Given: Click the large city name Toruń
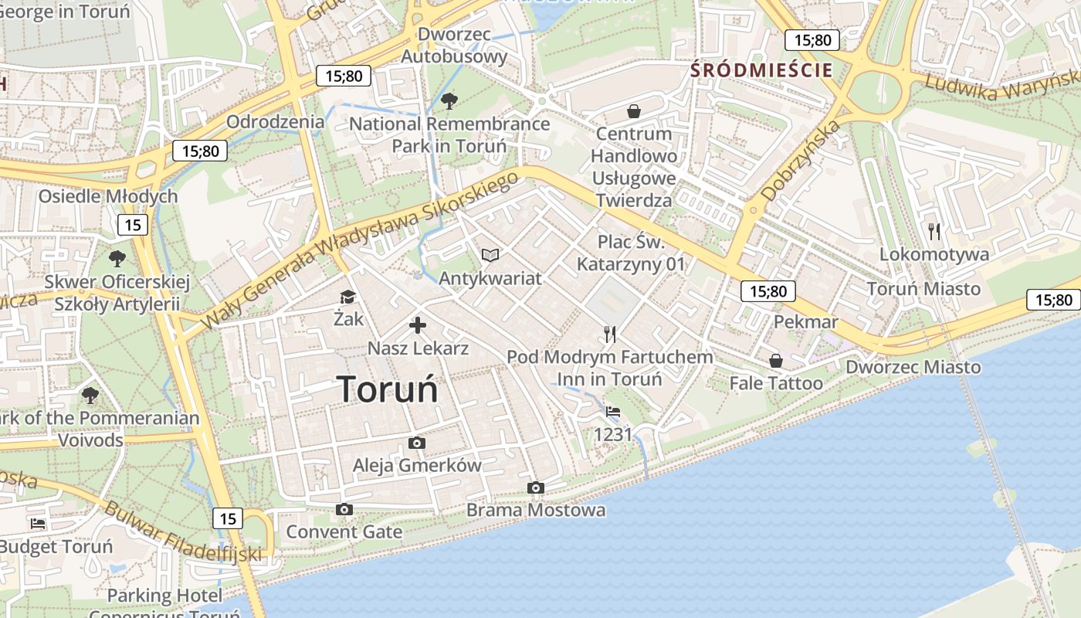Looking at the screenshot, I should pyautogui.click(x=388, y=389).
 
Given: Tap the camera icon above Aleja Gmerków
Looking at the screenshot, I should pyautogui.click(x=417, y=443).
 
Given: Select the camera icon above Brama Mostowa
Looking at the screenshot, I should pyautogui.click(x=535, y=487).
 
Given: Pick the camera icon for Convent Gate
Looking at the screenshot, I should pyautogui.click(x=344, y=509).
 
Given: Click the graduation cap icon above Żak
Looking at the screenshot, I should pyautogui.click(x=347, y=297).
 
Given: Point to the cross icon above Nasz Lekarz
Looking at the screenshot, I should pyautogui.click(x=418, y=325).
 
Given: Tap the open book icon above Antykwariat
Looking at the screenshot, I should pyautogui.click(x=490, y=255).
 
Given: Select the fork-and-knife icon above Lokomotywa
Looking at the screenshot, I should pyautogui.click(x=934, y=231).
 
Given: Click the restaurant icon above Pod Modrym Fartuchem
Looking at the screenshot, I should pyautogui.click(x=610, y=334).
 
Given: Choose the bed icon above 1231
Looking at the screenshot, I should pyautogui.click(x=613, y=412).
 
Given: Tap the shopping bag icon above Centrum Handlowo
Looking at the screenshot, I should pyautogui.click(x=634, y=111).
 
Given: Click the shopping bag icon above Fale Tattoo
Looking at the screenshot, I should pyautogui.click(x=776, y=361).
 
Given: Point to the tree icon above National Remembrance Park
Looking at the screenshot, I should pyautogui.click(x=449, y=100).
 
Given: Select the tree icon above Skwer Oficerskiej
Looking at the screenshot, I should pyautogui.click(x=117, y=258).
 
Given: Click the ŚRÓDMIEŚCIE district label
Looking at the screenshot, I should pyautogui.click(x=762, y=70).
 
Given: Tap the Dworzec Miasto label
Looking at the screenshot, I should pyautogui.click(x=913, y=367).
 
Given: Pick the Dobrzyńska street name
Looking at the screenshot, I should pyautogui.click(x=800, y=161).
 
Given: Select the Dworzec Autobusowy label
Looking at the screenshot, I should pyautogui.click(x=454, y=45).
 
